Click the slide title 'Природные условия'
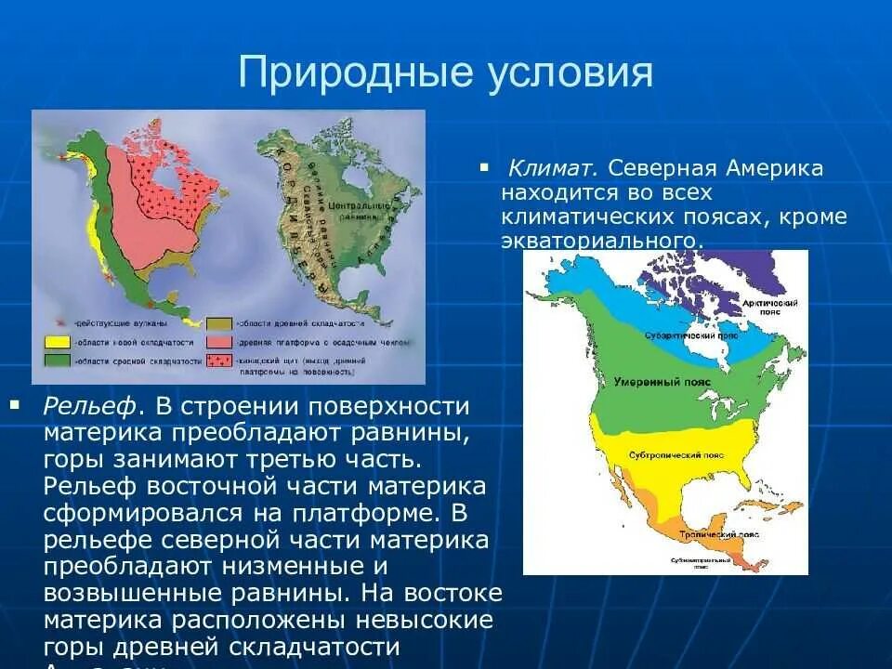click(x=446, y=72)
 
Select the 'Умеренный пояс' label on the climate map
click(x=649, y=382)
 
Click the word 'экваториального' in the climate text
click(x=598, y=241)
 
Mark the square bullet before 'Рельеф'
click(x=14, y=404)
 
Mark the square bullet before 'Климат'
click(x=484, y=167)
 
